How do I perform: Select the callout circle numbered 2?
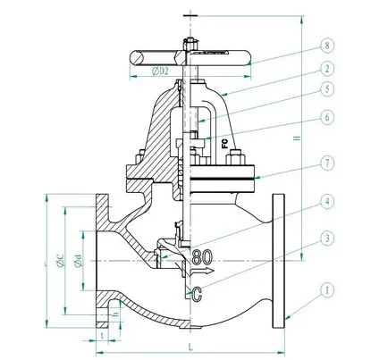coord(328,67)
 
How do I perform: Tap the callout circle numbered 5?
coord(328,88)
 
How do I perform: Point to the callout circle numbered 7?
coord(328,163)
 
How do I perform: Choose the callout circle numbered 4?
coord(328,201)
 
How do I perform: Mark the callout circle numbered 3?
coord(328,239)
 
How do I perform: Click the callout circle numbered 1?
coord(328,290)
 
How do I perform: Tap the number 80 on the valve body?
coord(202,256)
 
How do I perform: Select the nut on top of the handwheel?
coord(187,42)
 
